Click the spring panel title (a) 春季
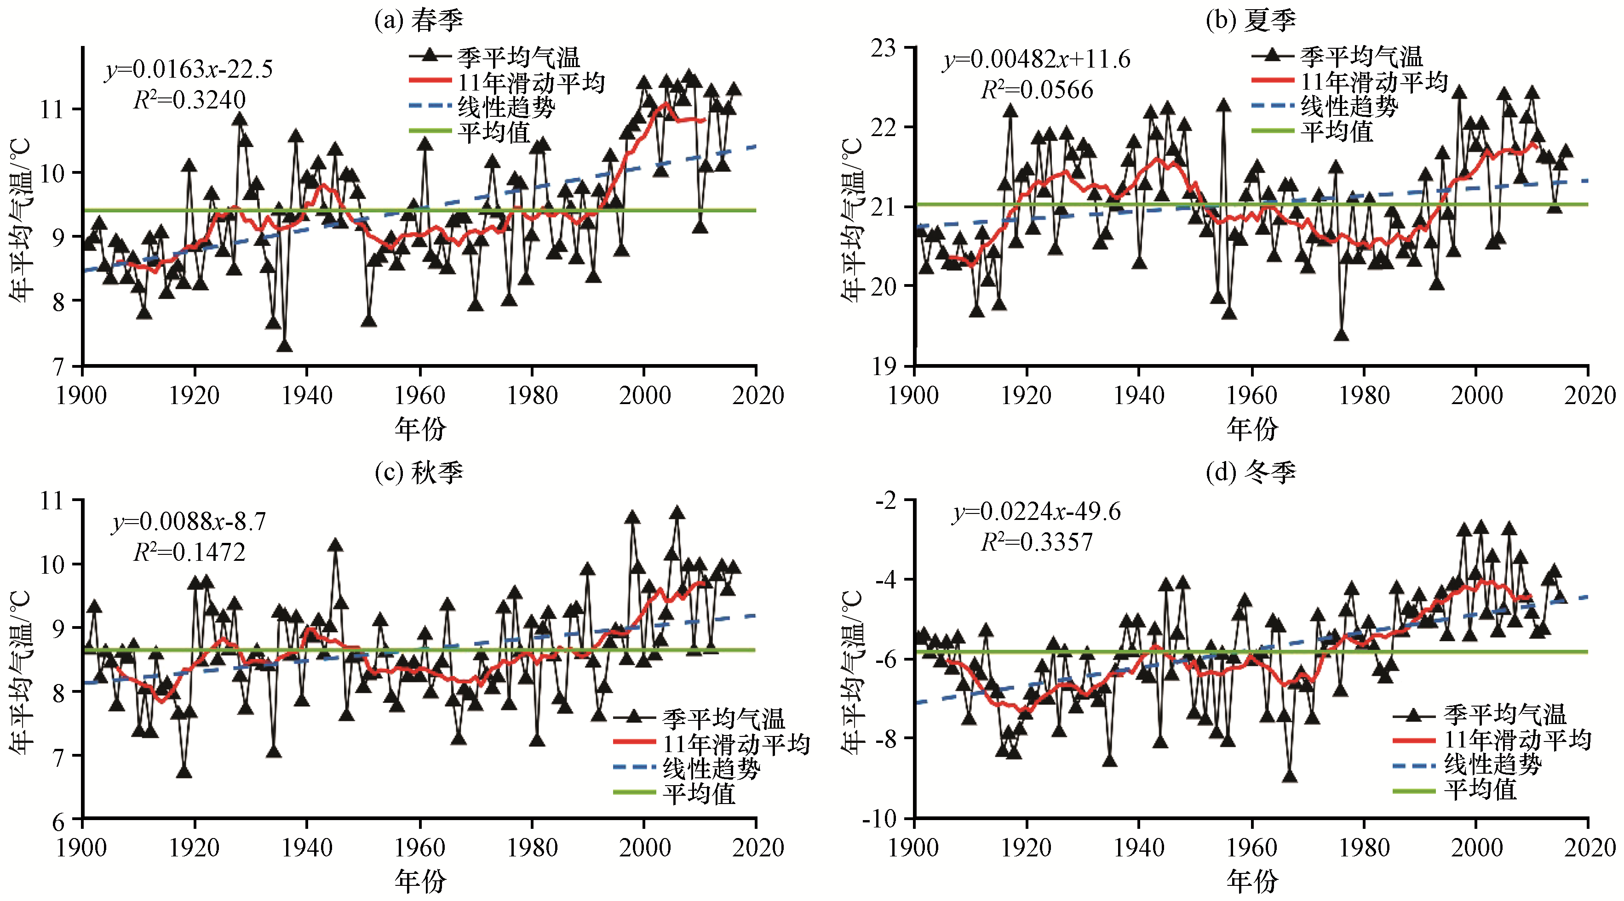[x=419, y=20]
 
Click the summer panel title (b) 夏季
[x=1251, y=20]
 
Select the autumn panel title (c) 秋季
[x=419, y=472]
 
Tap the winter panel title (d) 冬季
[x=1251, y=472]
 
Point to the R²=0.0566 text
[x=1037, y=90]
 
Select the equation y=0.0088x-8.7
[x=189, y=522]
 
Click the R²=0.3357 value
[x=1037, y=542]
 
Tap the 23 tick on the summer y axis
[x=884, y=48]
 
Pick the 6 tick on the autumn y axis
[x=58, y=821]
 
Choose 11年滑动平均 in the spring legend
[x=531, y=83]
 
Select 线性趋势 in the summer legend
[x=1349, y=107]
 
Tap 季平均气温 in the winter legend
[x=1505, y=714]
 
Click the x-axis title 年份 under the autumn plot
[x=420, y=881]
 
